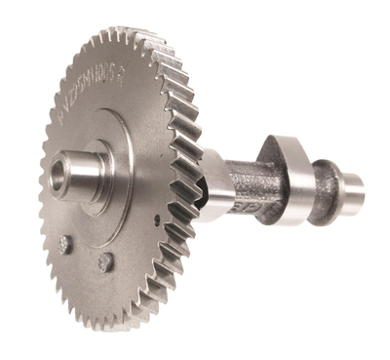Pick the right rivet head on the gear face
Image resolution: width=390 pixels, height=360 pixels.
(x=103, y=261)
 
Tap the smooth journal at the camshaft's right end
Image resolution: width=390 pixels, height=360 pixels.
(x=353, y=189)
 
